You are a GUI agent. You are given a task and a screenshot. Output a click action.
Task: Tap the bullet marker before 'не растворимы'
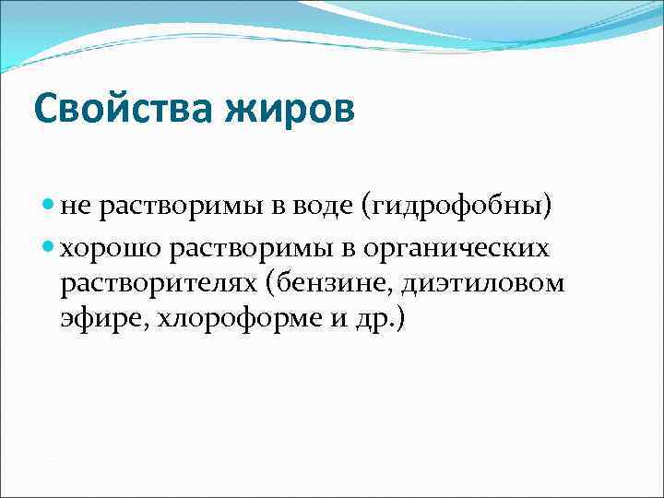coord(49,207)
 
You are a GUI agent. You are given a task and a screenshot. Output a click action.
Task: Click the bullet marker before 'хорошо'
coord(49,248)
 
